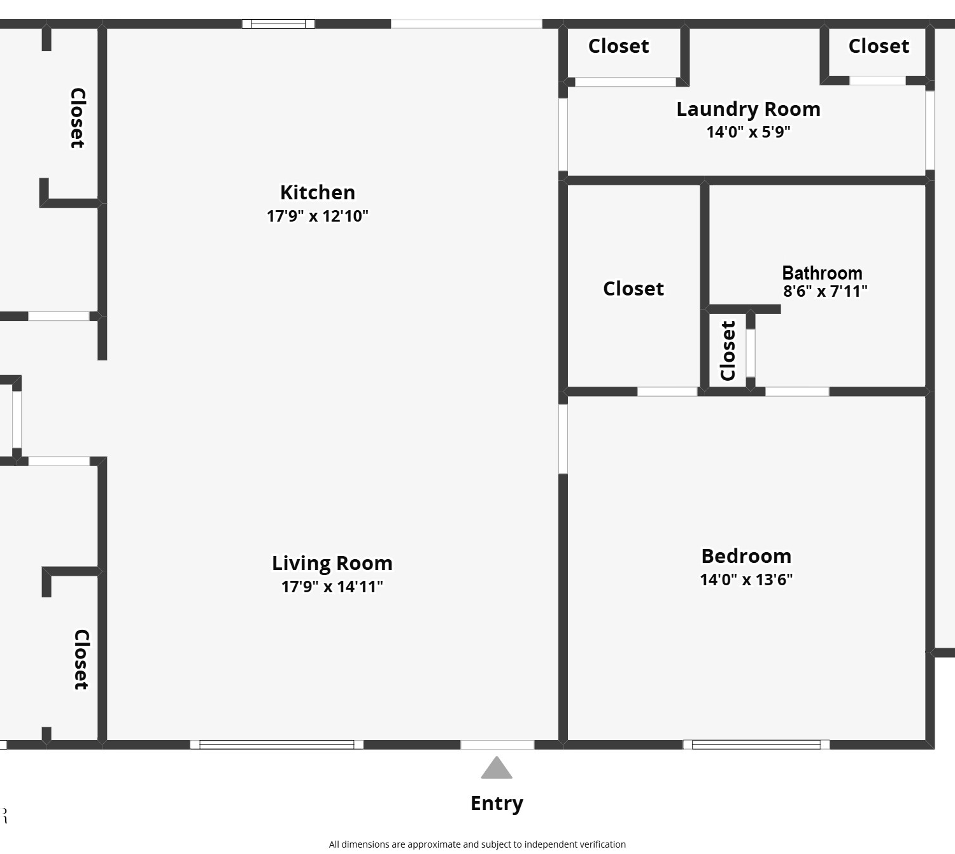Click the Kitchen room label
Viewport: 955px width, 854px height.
[317, 192]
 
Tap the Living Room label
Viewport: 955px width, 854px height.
[332, 563]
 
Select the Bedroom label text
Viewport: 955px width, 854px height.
[746, 556]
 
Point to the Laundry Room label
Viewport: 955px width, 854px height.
[748, 110]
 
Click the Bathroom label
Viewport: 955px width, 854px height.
[822, 273]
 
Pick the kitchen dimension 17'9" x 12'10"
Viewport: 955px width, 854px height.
[317, 216]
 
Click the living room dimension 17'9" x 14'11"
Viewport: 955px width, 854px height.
[332, 587]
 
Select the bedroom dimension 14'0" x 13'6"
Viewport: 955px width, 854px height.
[746, 580]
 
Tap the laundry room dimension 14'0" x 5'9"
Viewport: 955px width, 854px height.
[748, 132]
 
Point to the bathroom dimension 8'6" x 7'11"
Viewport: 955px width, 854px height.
[825, 292]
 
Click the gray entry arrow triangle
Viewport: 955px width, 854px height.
[497, 767]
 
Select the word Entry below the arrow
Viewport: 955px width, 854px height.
[497, 804]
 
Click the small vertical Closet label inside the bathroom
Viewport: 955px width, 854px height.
[728, 350]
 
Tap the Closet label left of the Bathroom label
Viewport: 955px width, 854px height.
[633, 288]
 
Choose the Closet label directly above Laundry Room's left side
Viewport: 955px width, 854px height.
[618, 46]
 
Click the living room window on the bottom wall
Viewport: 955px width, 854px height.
[277, 744]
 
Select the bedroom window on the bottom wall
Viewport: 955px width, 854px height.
[756, 744]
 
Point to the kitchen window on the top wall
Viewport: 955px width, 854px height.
[278, 24]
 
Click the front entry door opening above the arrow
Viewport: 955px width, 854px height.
[497, 744]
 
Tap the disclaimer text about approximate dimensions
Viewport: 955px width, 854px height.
[477, 844]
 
